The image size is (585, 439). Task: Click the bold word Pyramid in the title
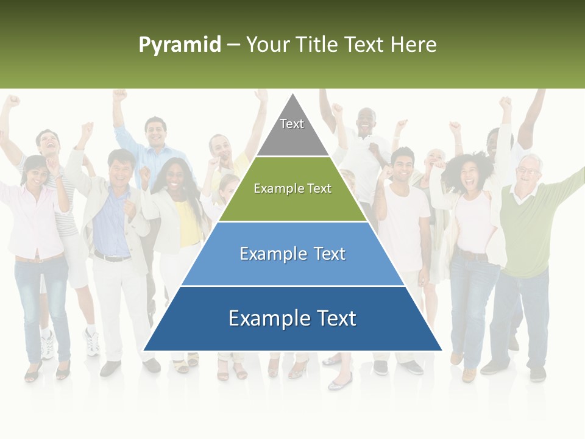pos(180,45)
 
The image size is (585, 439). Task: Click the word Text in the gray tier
pos(292,124)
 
